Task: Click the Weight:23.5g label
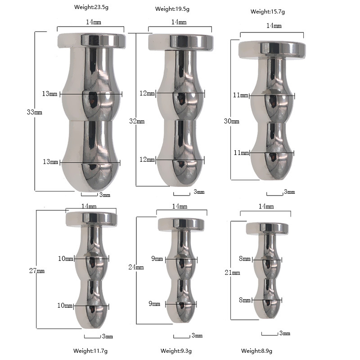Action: click(91, 7)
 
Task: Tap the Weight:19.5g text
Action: click(172, 9)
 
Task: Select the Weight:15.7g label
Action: click(267, 12)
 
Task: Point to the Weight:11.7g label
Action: click(90, 351)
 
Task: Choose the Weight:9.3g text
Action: click(176, 351)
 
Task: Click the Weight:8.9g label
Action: click(256, 351)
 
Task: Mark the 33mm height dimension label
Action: click(35, 112)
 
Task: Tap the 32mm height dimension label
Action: click(137, 121)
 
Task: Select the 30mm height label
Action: click(232, 121)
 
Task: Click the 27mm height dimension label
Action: click(37, 271)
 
